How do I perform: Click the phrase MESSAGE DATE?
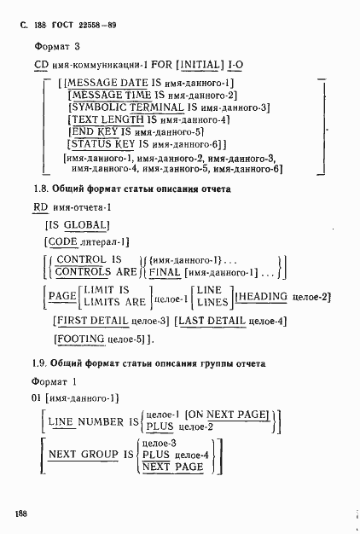point(99,82)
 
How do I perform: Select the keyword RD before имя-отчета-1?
point(41,207)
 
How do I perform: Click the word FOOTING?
point(81,339)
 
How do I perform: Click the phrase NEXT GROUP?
point(84,455)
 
